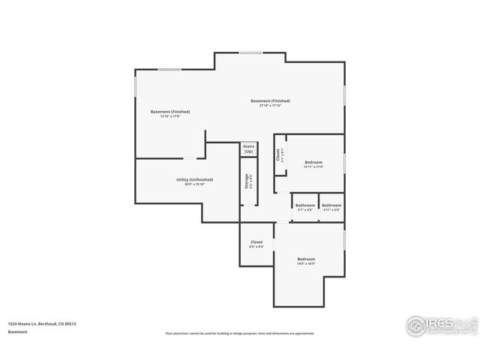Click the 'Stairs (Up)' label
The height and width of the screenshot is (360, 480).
[x=248, y=149]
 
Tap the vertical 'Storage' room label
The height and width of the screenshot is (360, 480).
[x=246, y=181]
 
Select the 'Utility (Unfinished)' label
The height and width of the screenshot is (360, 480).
[x=194, y=180]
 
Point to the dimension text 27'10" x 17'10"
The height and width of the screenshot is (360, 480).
[x=270, y=106]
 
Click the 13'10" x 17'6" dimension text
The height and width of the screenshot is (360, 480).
[x=170, y=116]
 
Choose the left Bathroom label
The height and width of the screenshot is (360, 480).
[x=305, y=205]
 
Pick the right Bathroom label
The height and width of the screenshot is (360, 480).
[x=331, y=205]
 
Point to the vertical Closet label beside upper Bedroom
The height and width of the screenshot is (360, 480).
[x=278, y=155]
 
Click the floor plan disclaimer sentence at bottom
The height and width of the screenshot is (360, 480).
[x=240, y=334]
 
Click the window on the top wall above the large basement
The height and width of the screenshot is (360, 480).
[x=250, y=52]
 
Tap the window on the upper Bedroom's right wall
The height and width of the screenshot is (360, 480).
[x=344, y=163]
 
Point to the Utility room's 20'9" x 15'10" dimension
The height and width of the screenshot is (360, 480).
[x=194, y=184]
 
